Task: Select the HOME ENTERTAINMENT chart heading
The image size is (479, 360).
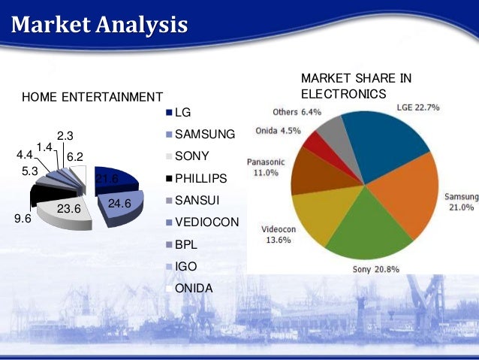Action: click(x=92, y=97)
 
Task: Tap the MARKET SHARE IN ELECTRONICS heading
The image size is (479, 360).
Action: click(x=356, y=86)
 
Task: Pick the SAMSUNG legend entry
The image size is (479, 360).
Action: click(x=204, y=135)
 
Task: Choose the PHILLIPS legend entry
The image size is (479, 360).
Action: click(x=204, y=180)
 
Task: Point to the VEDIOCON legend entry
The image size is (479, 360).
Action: click(x=206, y=223)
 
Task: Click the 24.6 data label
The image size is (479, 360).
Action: click(x=119, y=204)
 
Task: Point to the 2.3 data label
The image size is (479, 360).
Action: click(x=65, y=136)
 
